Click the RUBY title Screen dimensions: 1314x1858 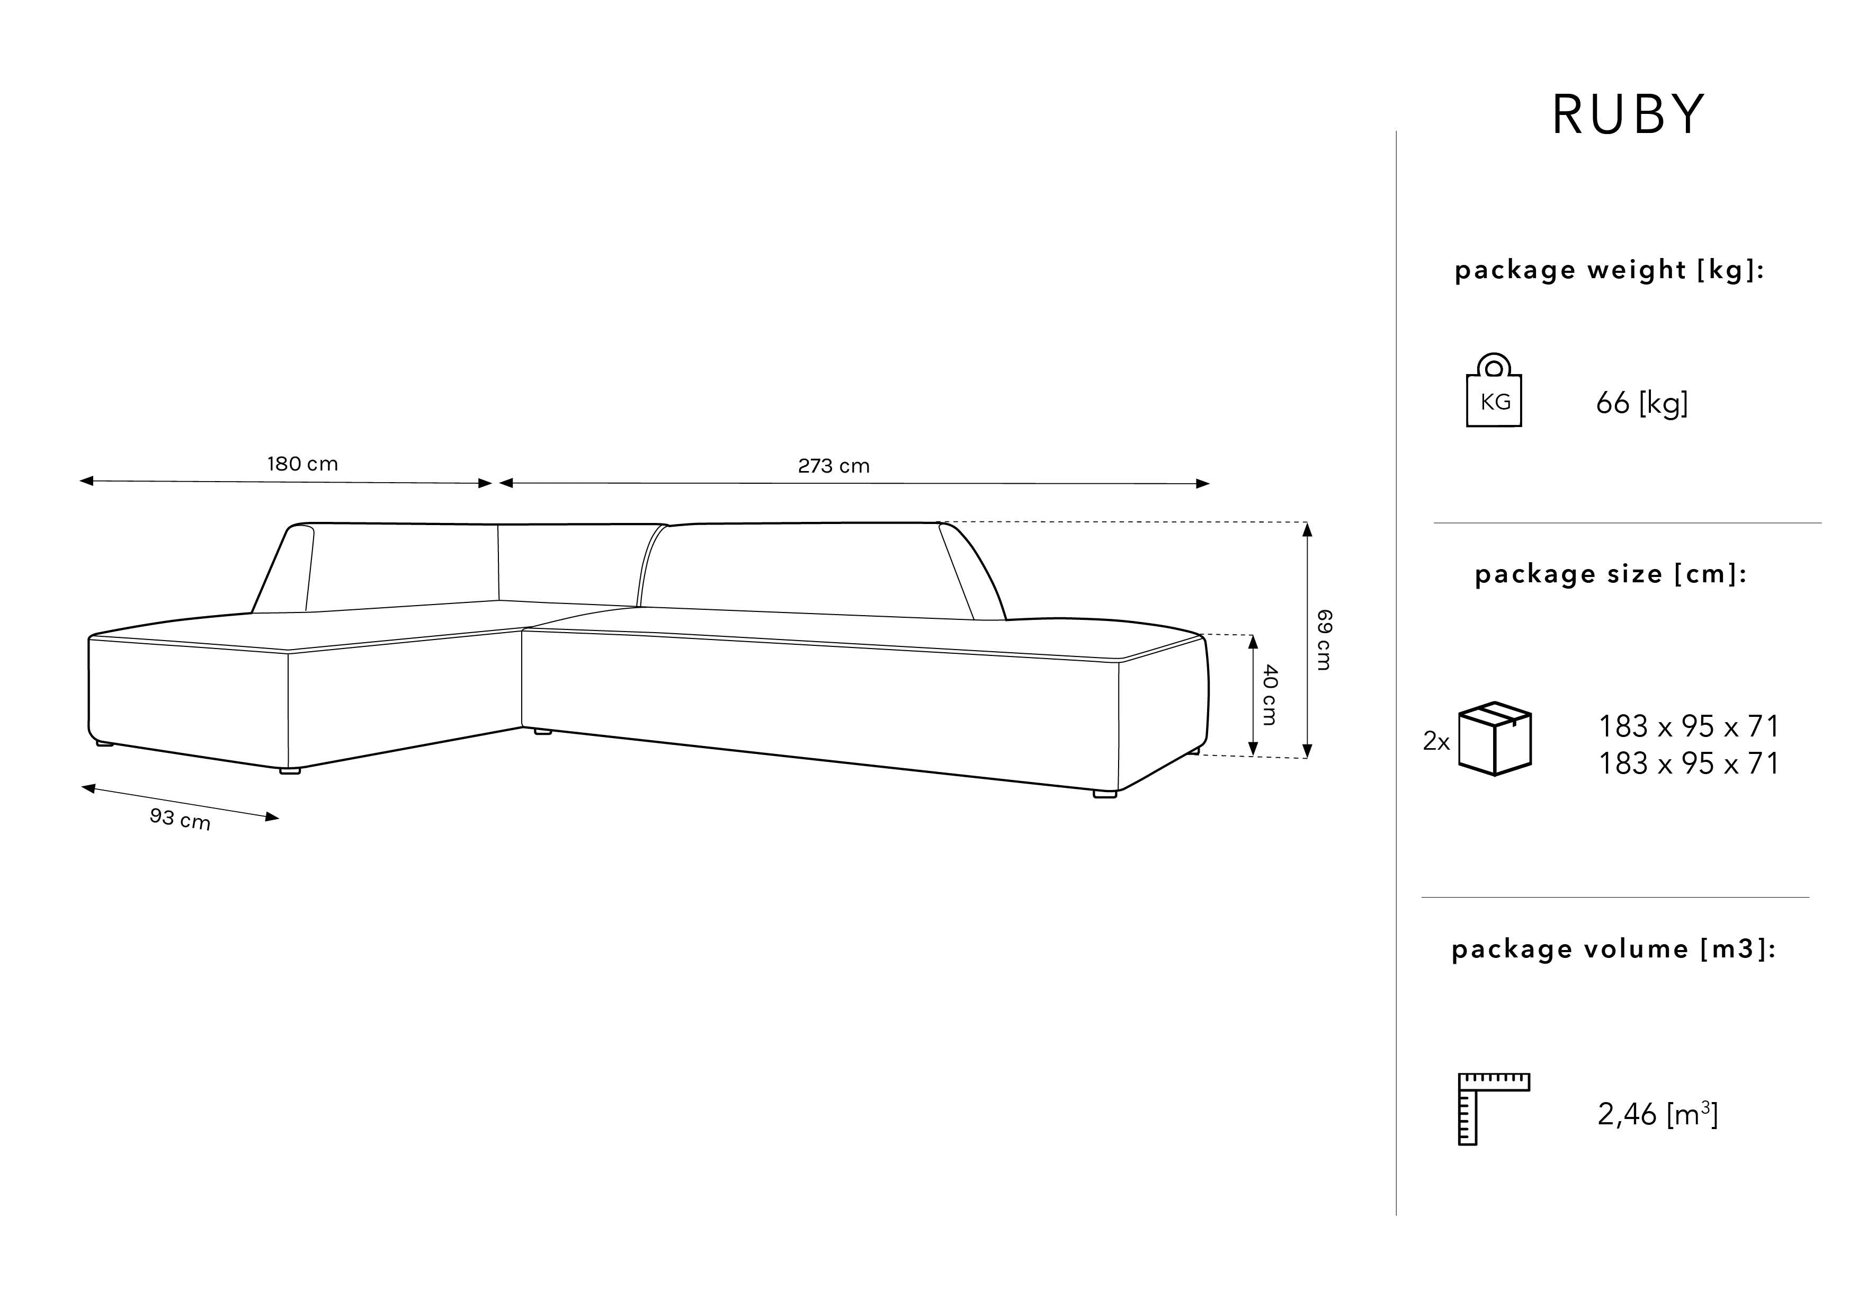coord(1628,115)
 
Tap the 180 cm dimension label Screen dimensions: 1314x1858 coord(302,464)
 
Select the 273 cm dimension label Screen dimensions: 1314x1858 coord(834,466)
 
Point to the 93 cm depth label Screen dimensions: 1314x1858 coord(180,819)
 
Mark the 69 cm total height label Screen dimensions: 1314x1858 coord(1324,640)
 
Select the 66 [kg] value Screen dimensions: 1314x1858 coord(1642,403)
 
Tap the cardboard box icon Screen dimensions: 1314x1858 coord(1495,739)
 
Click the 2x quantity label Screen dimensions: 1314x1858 coord(1436,742)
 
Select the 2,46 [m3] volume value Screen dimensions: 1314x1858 coord(1657,1114)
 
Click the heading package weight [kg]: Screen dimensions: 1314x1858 coord(1609,270)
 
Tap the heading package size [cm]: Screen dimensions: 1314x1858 coord(1610,575)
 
